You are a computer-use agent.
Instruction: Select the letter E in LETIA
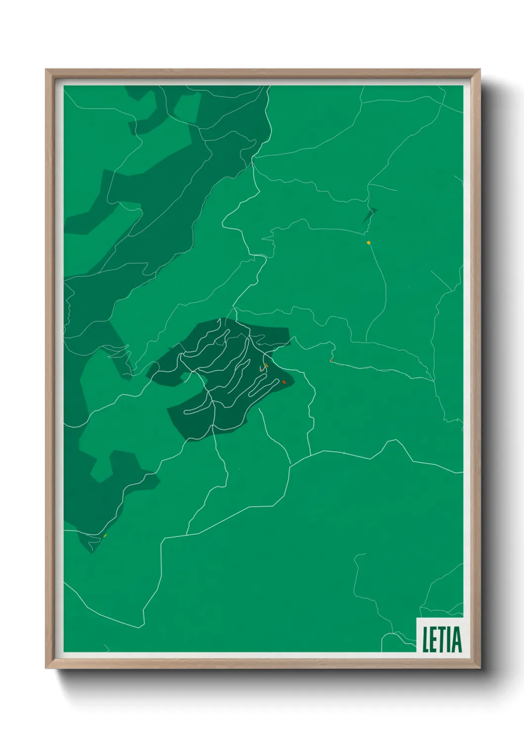click(x=434, y=639)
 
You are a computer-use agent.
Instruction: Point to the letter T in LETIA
click(x=442, y=639)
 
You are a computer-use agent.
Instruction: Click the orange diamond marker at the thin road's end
click(x=368, y=243)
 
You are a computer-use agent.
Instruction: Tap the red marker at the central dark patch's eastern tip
click(x=284, y=382)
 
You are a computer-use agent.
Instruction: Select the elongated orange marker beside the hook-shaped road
click(x=266, y=365)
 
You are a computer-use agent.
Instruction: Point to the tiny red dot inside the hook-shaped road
click(x=262, y=369)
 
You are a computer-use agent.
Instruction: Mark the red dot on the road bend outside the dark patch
click(x=331, y=361)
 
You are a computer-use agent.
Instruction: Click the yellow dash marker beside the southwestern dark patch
click(x=105, y=535)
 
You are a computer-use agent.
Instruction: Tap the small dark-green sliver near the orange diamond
click(x=369, y=216)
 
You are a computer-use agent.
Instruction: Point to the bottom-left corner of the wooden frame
click(x=47, y=668)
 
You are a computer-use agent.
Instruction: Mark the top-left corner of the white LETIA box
click(x=417, y=619)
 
